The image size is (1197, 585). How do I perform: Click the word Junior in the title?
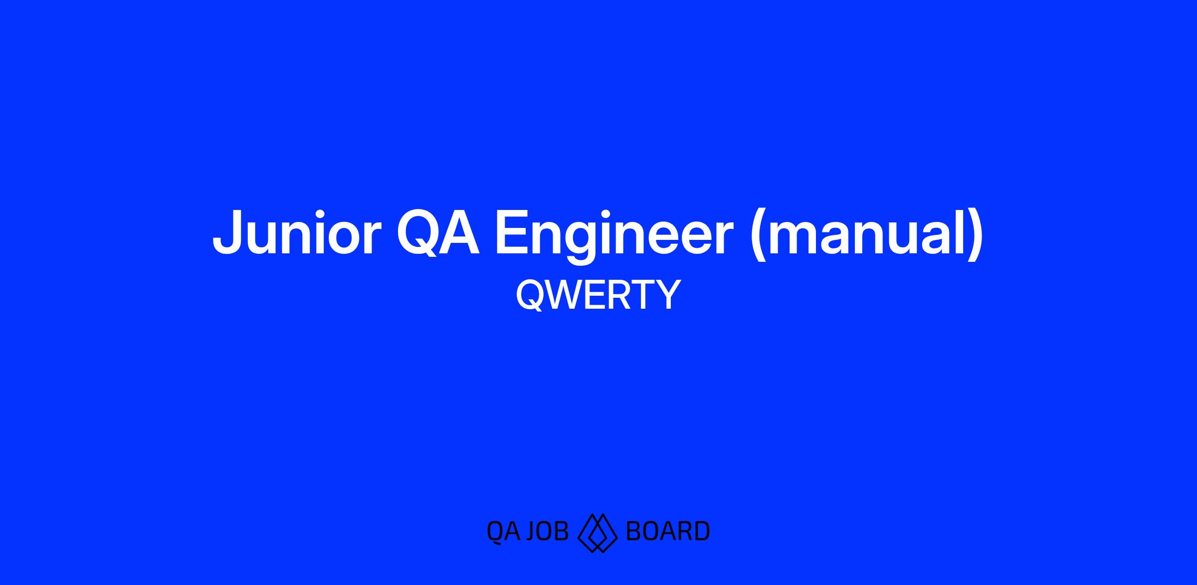(x=297, y=233)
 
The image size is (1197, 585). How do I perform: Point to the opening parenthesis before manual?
(x=757, y=236)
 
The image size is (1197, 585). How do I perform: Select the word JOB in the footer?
(x=547, y=531)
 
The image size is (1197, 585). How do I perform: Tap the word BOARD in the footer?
(x=667, y=531)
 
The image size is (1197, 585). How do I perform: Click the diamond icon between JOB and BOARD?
(x=597, y=533)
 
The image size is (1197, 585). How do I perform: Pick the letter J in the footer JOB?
(x=530, y=531)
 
